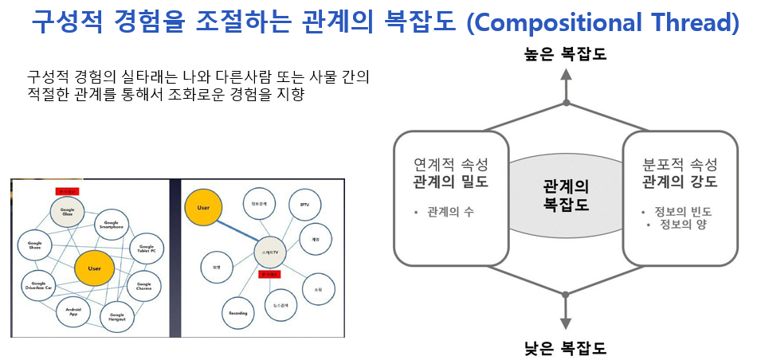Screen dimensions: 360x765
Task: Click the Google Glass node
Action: [67, 211]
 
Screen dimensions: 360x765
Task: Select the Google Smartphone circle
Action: [112, 225]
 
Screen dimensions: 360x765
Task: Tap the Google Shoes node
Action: [34, 244]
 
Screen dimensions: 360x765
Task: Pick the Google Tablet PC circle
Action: [145, 248]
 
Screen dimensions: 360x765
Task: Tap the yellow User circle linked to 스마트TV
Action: [202, 207]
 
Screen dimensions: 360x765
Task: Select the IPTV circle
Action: [304, 204]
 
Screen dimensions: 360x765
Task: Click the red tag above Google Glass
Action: [67, 191]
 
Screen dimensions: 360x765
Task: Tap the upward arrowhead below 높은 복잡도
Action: [565, 76]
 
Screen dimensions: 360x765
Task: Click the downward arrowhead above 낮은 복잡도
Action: [565, 323]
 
